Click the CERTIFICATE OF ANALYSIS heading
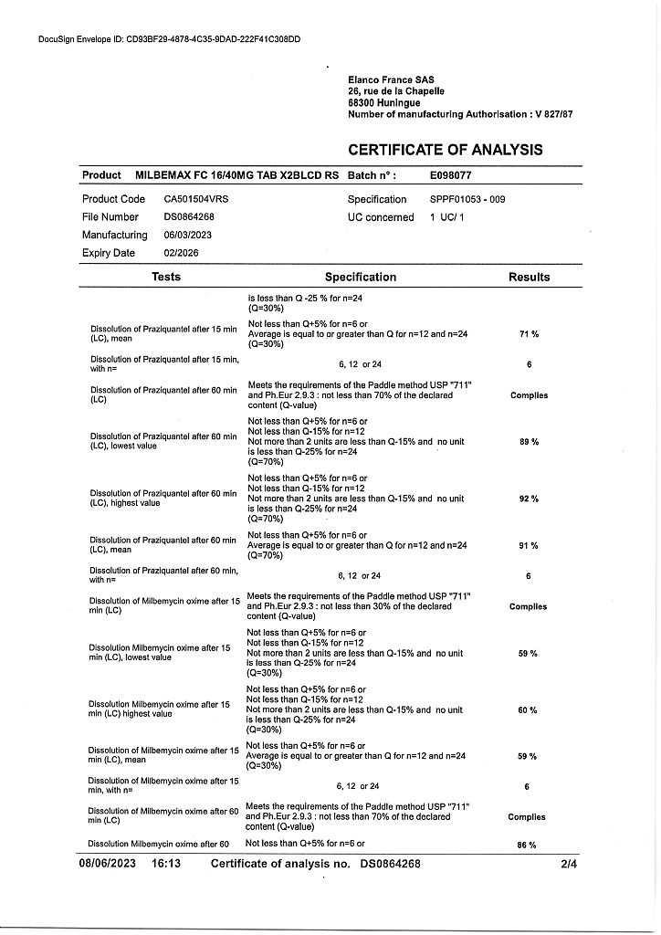pos(445,150)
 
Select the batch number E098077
pos(450,175)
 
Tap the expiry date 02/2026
pos(181,253)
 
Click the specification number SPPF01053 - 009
pos(467,199)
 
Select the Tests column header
pos(166,277)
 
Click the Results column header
pos(529,277)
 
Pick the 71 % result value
pos(529,334)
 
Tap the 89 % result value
pos(529,442)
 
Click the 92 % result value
pos(529,499)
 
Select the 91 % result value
pos(529,545)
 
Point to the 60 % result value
pos(527,710)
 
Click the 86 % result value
pos(527,846)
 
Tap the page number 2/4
pos(570,863)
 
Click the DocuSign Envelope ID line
pos(170,39)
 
